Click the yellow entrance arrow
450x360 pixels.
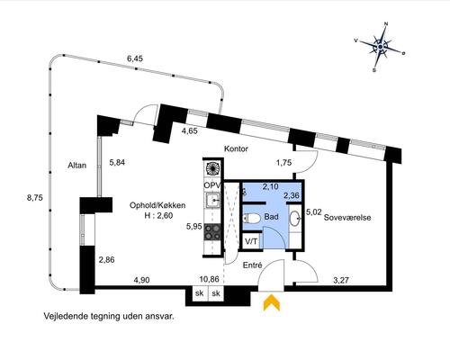[x=272, y=302]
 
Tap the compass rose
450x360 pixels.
[x=381, y=47]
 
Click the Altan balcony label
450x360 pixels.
[x=77, y=166]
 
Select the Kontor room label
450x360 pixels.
[x=236, y=148]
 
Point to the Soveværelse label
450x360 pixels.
[x=347, y=218]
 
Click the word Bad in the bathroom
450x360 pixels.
[x=271, y=217]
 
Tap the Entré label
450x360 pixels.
[x=252, y=265]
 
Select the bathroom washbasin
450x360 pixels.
[x=294, y=218]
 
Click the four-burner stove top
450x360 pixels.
[x=212, y=232]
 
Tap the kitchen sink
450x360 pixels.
[x=212, y=200]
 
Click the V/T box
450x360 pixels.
[x=251, y=241]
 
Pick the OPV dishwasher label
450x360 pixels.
[x=212, y=185]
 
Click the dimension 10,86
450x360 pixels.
[x=210, y=279]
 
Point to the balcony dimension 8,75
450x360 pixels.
[x=34, y=198]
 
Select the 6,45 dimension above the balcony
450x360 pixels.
[x=135, y=58]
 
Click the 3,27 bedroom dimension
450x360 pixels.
[x=341, y=280]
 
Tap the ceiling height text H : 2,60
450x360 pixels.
[x=158, y=215]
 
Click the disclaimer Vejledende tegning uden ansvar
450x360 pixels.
[x=109, y=316]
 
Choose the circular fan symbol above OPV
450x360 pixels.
[x=212, y=169]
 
